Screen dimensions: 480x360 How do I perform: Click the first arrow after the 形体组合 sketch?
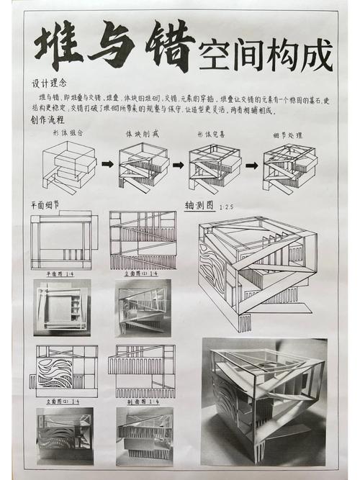pos(107,164)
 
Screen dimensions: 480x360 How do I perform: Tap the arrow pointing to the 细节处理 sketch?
pos(251,165)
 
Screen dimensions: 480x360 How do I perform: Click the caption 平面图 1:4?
pos(60,274)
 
